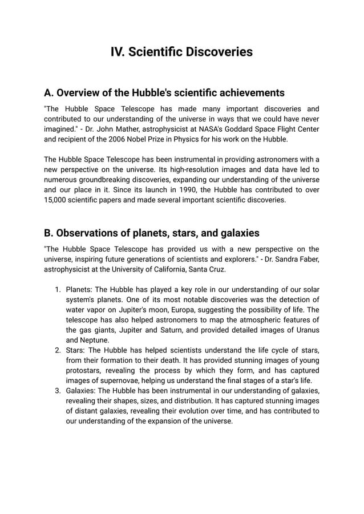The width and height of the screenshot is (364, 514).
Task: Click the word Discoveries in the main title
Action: (x=217, y=52)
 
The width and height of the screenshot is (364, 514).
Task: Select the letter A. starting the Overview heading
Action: (x=49, y=93)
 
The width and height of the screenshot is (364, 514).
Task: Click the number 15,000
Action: (x=57, y=200)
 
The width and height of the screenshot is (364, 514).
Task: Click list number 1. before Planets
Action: (x=58, y=289)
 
